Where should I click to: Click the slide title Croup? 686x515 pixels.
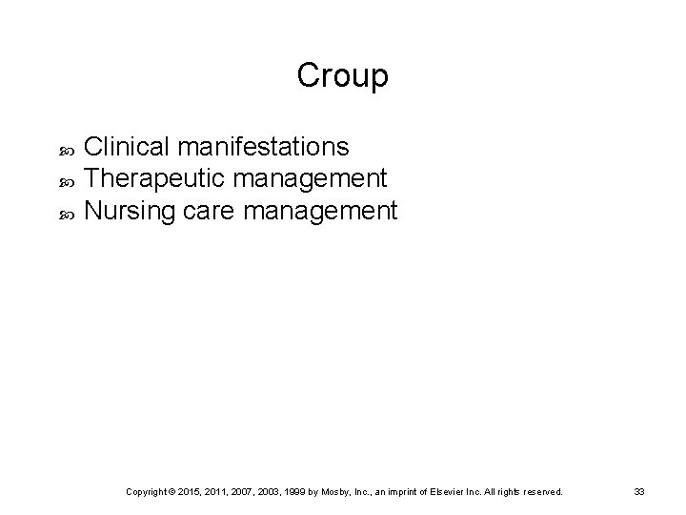342,76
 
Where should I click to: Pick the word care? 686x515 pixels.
207,210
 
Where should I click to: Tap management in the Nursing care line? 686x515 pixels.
320,210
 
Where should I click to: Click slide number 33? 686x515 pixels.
639,491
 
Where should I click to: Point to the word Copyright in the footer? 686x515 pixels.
147,491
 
